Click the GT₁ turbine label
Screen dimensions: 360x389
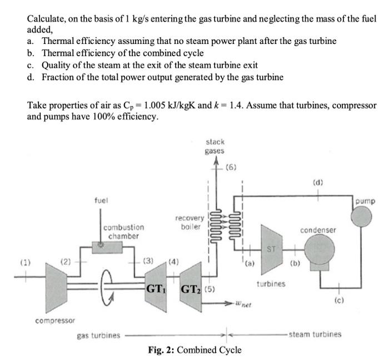(x=156, y=289)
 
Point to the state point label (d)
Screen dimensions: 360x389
(x=318, y=181)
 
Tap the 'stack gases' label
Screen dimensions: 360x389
(x=215, y=146)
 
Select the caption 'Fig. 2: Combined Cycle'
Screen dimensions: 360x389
(x=195, y=350)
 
